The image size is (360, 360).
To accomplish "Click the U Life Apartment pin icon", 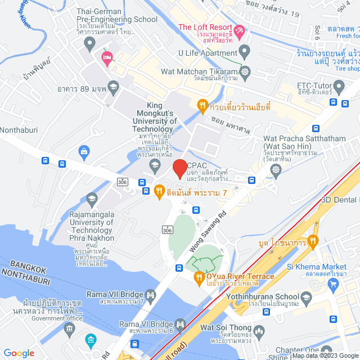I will pyautogui.click(x=244, y=52).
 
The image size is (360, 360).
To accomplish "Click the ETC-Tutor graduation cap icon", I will pyautogui.click(x=339, y=87).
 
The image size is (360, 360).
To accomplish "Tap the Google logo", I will pyautogui.click(x=19, y=353).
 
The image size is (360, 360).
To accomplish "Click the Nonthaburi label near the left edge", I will pyautogui.click(x=16, y=127).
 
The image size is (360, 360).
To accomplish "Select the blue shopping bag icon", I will pyautogui.click(x=84, y=151).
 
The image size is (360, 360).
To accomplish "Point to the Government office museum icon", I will pyautogui.click(x=91, y=340).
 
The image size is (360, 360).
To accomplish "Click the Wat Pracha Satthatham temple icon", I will pyautogui.click(x=276, y=169).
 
